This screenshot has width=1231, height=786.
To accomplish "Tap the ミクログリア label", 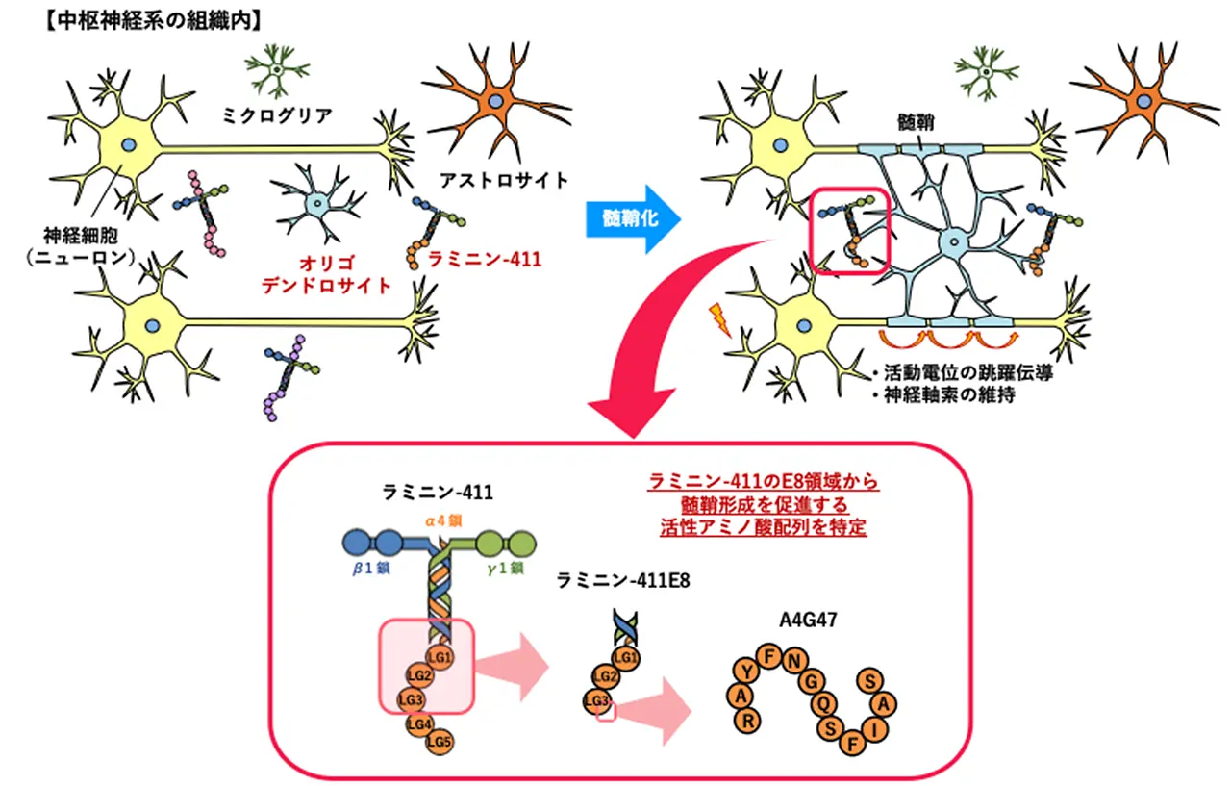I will click(x=278, y=116).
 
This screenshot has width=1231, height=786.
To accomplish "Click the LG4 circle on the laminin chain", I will click(x=419, y=723).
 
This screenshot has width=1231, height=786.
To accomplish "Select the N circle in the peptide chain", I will click(x=793, y=662).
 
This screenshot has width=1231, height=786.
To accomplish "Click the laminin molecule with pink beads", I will click(x=205, y=212).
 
